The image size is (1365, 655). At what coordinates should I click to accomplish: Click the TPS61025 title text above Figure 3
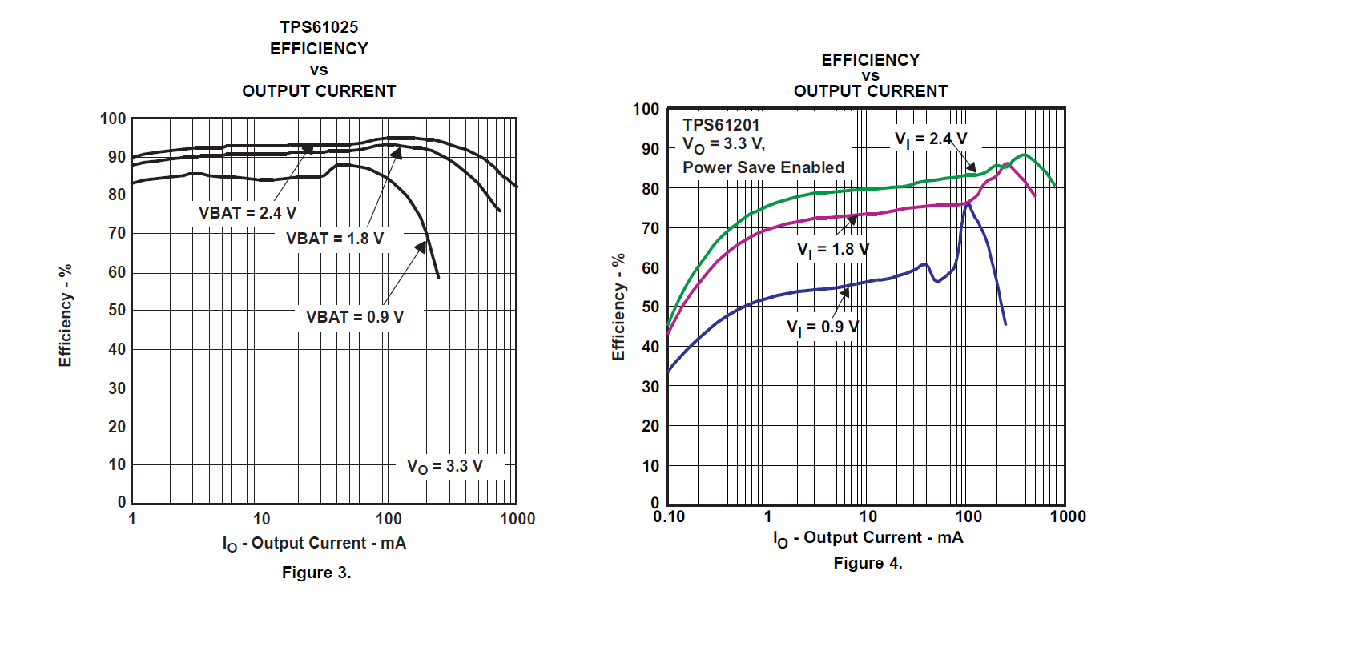pos(319,27)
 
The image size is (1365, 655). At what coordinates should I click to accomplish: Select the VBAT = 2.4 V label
pos(248,213)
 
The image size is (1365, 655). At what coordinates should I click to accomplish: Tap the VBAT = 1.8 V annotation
pos(335,239)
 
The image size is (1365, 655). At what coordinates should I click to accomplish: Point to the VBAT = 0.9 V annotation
pos(355,317)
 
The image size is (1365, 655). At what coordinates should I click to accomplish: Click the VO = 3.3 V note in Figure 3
pos(445,466)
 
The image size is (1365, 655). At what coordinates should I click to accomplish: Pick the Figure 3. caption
pos(316,573)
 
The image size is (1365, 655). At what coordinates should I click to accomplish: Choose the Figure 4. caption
pos(868,563)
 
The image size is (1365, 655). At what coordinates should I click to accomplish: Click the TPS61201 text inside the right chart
pos(721,125)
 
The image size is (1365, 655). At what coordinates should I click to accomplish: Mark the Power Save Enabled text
pos(763,167)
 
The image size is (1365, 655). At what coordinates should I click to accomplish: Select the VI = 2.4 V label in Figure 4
pos(931,139)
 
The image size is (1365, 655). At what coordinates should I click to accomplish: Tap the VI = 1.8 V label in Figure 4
pos(833,250)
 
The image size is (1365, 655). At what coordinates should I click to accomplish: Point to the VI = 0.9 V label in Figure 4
pos(823,327)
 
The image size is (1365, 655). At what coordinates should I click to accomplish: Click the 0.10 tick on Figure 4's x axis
pos(669,516)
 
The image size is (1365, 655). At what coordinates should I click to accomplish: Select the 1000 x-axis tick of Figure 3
pos(517,519)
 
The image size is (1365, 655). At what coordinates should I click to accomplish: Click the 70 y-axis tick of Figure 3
pos(117,233)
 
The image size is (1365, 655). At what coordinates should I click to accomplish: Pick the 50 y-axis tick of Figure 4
pos(650,307)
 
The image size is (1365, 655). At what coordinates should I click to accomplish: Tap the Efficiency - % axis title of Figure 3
pos(66,315)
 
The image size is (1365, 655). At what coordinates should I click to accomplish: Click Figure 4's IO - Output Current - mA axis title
pos(868,538)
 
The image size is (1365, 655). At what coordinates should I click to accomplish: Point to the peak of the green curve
pos(1024,155)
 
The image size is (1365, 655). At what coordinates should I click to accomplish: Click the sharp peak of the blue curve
pos(968,203)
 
